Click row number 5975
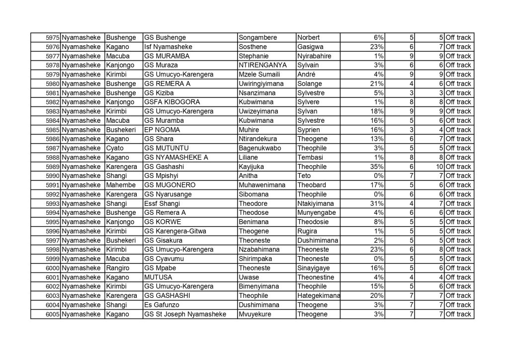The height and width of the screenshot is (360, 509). [x=52, y=38]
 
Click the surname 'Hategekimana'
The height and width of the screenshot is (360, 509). [x=318, y=296]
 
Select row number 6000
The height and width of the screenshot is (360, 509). [x=52, y=268]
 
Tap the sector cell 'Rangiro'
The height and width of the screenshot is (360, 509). [x=118, y=268]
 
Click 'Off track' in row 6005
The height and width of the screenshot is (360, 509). [x=458, y=314]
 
